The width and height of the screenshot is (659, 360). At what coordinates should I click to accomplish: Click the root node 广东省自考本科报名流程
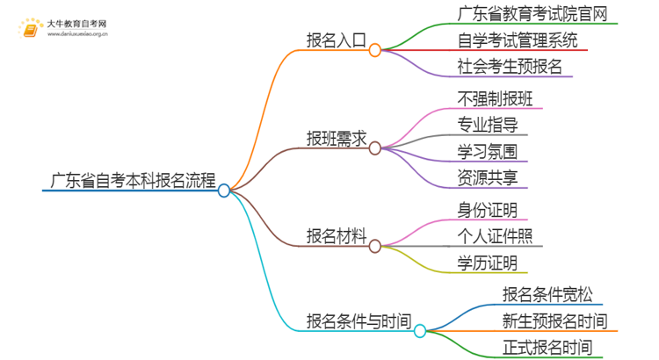[x=129, y=182]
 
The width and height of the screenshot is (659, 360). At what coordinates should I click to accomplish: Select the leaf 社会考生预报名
[x=510, y=66]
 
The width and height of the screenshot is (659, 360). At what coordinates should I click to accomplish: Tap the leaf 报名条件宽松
[x=540, y=294]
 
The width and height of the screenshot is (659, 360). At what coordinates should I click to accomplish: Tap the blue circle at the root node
[x=224, y=191]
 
